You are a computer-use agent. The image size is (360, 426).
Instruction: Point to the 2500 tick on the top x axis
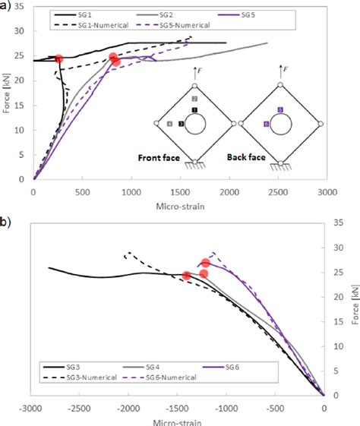point(279,193)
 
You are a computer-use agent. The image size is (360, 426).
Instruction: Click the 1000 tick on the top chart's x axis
point(131,193)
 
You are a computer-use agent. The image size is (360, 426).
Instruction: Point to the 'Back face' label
point(251,158)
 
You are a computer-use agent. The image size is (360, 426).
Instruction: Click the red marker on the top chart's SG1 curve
point(58,59)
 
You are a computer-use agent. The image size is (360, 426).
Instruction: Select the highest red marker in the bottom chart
point(205,263)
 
